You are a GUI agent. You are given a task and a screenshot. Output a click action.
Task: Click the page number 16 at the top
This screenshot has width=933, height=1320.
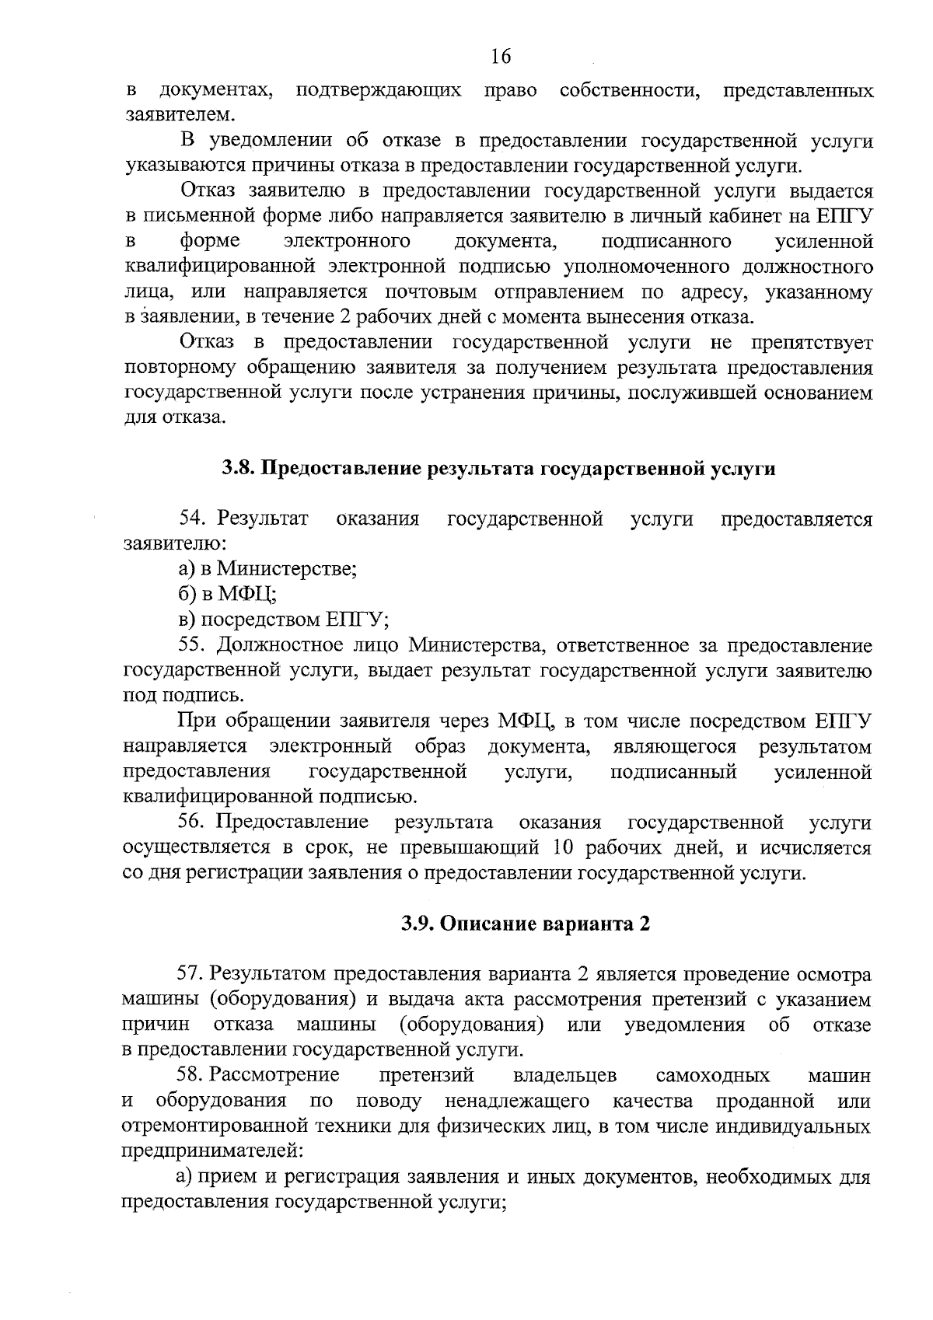tap(501, 57)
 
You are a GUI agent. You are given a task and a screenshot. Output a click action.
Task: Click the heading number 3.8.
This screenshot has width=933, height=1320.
tap(237, 469)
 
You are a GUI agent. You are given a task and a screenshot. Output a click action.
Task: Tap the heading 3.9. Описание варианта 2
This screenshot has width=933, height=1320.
tap(526, 924)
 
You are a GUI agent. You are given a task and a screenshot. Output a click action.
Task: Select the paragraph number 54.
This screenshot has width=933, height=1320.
tap(194, 519)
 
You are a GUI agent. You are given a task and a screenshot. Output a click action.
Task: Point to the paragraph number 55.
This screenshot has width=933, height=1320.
tap(194, 645)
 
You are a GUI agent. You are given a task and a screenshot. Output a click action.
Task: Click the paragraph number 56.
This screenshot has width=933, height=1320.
tap(194, 822)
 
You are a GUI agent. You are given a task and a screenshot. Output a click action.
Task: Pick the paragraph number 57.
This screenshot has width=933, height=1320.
tap(194, 974)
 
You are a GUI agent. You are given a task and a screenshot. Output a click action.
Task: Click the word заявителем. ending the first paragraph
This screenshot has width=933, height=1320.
tap(179, 115)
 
